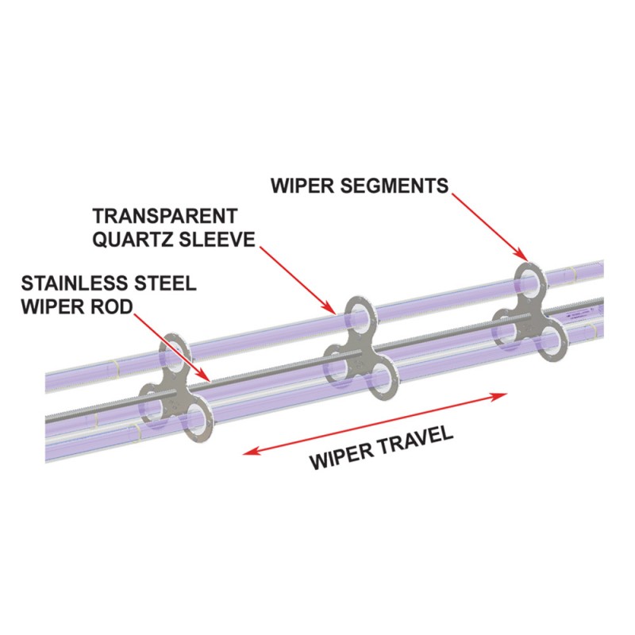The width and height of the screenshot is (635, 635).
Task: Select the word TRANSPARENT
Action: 165,216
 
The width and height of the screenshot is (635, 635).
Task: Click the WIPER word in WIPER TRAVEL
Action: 339,459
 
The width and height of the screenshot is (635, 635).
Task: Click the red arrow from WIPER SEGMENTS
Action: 489,227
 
